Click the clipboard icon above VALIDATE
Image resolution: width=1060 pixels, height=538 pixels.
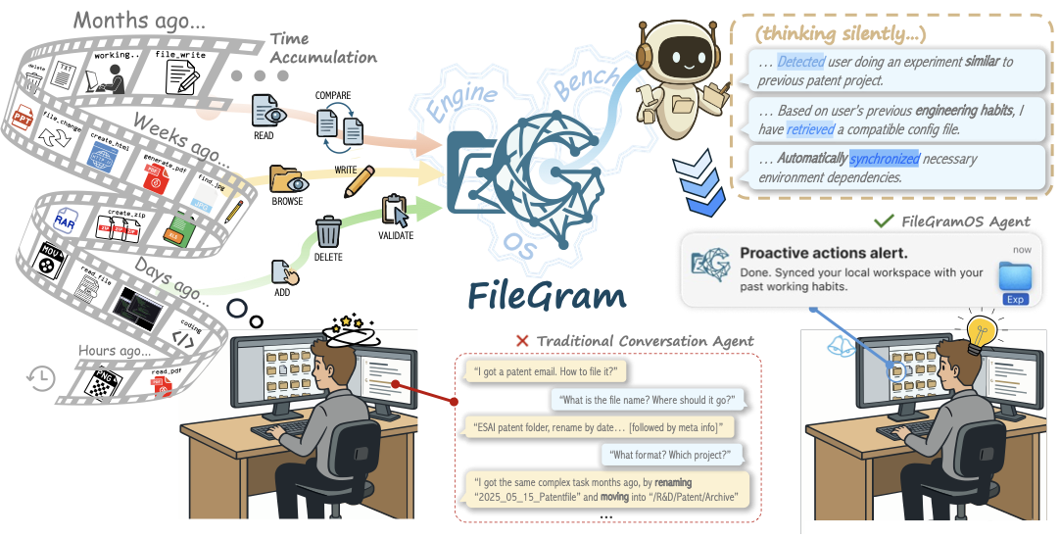395,211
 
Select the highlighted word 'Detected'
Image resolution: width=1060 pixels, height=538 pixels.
801,62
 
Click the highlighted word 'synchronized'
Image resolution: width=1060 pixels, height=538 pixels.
885,159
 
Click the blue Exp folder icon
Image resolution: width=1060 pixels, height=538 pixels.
1015,280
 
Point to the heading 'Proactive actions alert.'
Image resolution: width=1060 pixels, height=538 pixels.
823,253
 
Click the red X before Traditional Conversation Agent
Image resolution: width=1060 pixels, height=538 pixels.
522,340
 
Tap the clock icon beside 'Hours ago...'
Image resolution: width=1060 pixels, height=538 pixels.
40,377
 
